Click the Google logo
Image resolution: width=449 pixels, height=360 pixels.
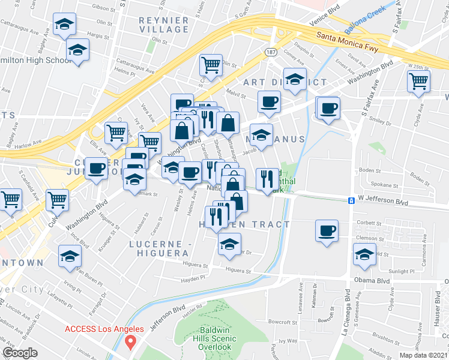point(20,353)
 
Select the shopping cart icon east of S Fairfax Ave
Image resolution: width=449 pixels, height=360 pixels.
point(418,81)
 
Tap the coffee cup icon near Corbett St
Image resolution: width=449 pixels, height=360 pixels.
point(327,230)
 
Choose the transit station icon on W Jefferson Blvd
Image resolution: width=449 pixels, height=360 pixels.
point(350,200)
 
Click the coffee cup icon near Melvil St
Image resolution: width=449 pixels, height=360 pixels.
point(269,101)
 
